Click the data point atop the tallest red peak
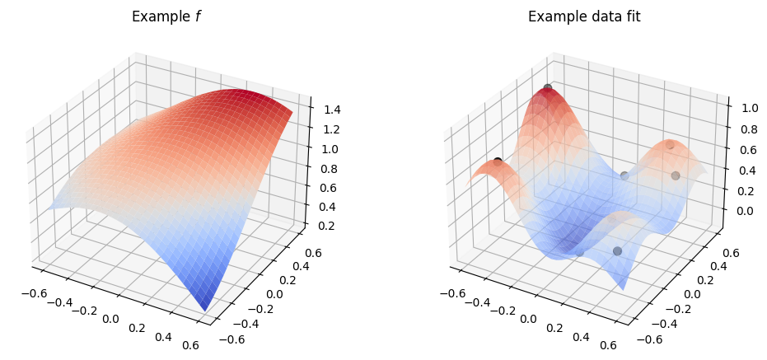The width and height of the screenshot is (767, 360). (x=547, y=87)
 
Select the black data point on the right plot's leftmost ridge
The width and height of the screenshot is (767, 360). (x=498, y=161)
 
